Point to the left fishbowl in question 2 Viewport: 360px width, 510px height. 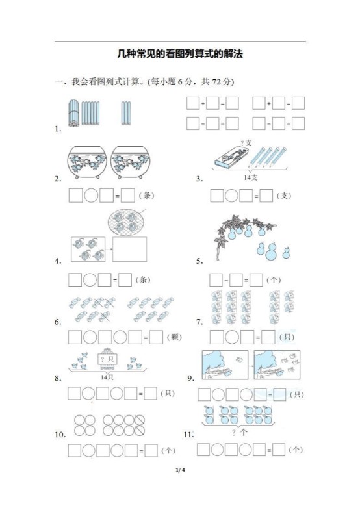coord(88,160)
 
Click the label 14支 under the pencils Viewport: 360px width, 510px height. coord(251,177)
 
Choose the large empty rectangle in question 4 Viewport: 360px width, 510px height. coord(129,248)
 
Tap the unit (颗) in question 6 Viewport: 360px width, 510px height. coord(175,337)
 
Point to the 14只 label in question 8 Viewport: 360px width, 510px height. coord(107,377)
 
